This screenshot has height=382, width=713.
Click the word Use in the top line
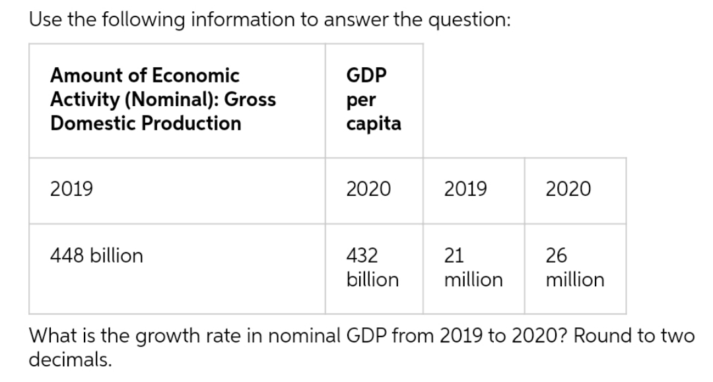[x=44, y=19]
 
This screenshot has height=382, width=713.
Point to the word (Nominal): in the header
[x=177, y=100]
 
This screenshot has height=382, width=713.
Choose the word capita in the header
[x=374, y=124]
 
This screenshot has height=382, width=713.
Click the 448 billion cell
[x=96, y=256]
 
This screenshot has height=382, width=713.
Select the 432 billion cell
[x=372, y=267]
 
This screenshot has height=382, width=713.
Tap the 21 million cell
[x=473, y=267]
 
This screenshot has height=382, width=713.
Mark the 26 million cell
[x=574, y=267]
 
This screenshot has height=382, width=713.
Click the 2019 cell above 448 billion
[x=72, y=190]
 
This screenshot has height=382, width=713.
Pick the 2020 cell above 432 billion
[x=369, y=190]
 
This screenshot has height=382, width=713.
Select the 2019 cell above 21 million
[x=466, y=190]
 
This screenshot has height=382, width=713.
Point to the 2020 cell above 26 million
[x=568, y=190]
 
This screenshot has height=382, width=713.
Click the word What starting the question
[x=51, y=336]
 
